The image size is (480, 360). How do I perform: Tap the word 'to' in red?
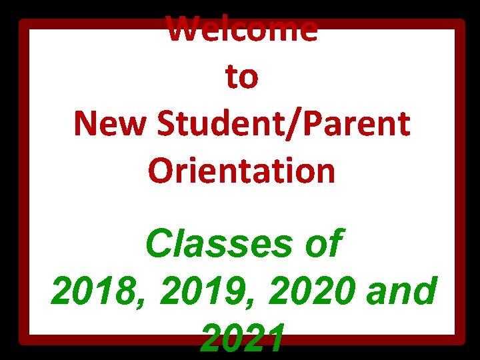pyautogui.click(x=242, y=77)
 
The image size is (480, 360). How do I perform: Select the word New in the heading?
pyautogui.click(x=107, y=124)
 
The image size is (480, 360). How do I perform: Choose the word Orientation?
pyautogui.click(x=242, y=171)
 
